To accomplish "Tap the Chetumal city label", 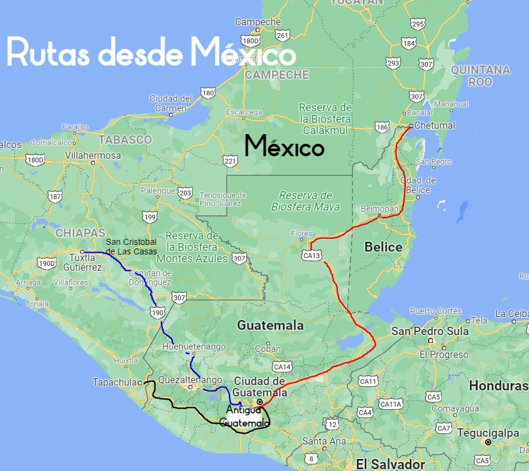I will (x=435, y=126).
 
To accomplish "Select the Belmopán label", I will (x=379, y=208).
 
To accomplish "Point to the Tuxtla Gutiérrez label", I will (x=79, y=262).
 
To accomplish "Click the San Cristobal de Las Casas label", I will (x=131, y=247).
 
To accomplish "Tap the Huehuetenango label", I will (x=194, y=346).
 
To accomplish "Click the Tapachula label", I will (x=115, y=382).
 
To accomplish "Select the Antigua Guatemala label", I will (x=244, y=417).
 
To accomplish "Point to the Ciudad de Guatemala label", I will (x=259, y=386).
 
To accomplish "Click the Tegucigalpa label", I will (x=488, y=433).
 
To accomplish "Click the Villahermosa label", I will (x=93, y=155).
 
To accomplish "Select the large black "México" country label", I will (x=284, y=146).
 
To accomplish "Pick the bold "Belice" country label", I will (x=384, y=247).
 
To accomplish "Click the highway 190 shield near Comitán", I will (x=158, y=312).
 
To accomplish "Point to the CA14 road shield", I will (x=282, y=366).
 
